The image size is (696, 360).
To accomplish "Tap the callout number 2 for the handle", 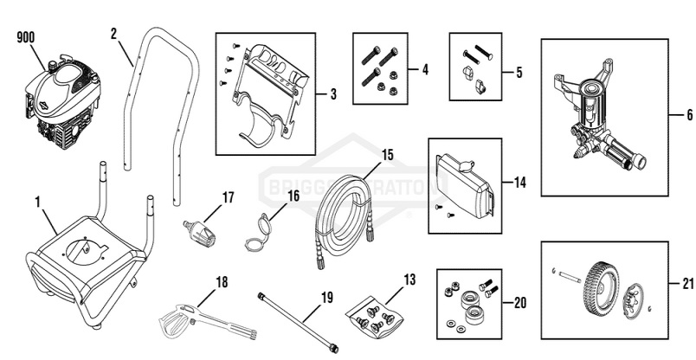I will click(x=113, y=34).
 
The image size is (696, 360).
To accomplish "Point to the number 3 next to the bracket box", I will click(x=332, y=93).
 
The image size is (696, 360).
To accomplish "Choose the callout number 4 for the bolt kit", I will click(x=424, y=68).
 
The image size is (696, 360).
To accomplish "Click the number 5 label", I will click(x=519, y=73).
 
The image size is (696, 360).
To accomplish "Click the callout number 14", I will click(x=519, y=183).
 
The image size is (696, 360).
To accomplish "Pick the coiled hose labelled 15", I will click(x=344, y=217).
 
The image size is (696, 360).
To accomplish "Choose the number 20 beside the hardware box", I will click(x=519, y=303).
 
